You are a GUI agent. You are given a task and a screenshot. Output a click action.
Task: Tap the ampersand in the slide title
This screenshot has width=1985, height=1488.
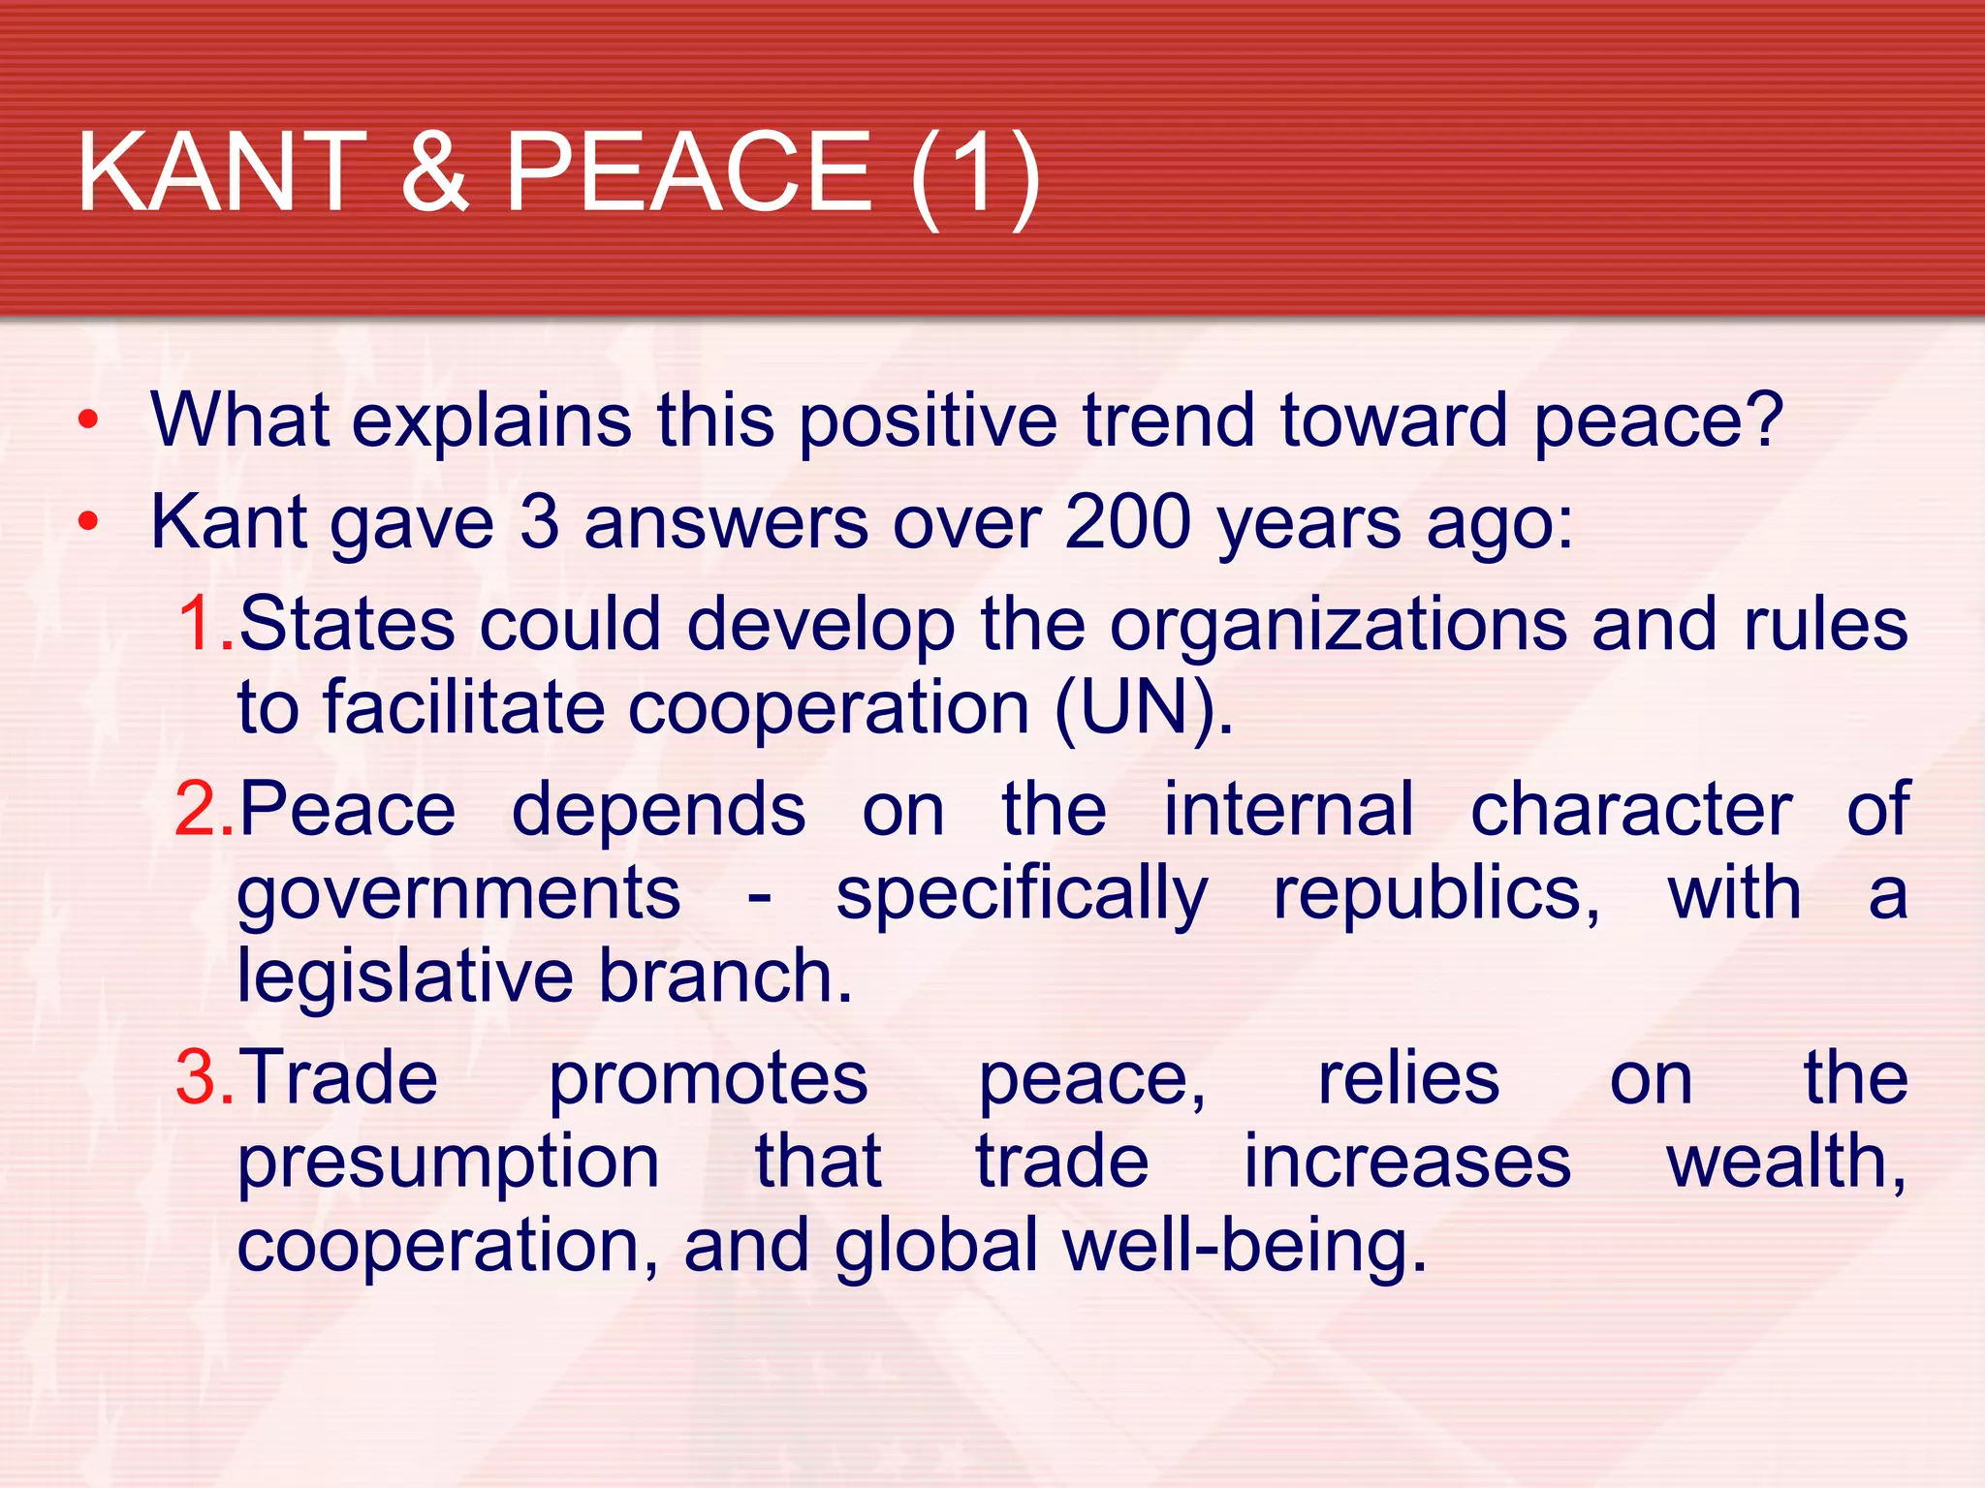click(435, 172)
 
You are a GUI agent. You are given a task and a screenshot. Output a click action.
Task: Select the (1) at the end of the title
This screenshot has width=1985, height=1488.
click(975, 176)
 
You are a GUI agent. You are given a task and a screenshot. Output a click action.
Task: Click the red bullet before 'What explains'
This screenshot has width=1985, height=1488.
click(88, 420)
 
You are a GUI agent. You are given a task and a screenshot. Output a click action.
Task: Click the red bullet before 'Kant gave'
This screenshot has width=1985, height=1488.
click(88, 522)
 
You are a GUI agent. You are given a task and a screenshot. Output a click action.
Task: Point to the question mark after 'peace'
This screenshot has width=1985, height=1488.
click(1762, 418)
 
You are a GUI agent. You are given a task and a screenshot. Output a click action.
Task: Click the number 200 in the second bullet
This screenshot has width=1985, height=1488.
click(1127, 522)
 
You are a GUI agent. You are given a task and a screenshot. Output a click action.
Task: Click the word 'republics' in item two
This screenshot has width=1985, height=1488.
click(1435, 895)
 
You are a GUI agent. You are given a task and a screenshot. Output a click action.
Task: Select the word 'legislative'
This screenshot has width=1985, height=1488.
click(405, 976)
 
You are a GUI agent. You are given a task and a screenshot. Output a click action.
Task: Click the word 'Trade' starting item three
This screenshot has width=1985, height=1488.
click(338, 1077)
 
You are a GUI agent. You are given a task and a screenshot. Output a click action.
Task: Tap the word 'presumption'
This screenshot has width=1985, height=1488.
click(448, 1162)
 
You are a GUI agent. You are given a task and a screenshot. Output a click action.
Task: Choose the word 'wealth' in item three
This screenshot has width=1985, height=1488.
click(1781, 1161)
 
